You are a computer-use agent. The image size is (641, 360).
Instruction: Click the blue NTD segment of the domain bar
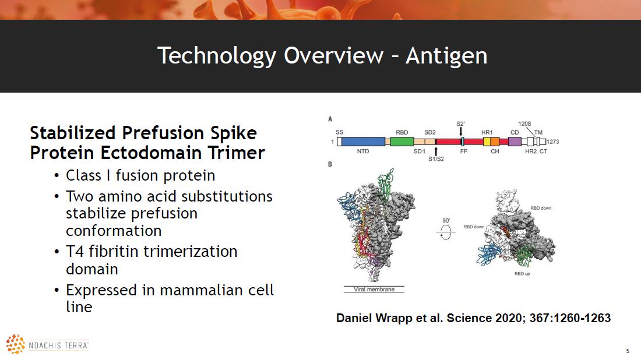tap(363, 142)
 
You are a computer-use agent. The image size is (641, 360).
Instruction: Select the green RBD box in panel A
tap(402, 142)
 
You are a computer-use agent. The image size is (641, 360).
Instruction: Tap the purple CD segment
tap(515, 142)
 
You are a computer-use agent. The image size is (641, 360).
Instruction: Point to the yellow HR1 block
tap(487, 142)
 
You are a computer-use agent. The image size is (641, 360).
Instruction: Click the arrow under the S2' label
tap(461, 131)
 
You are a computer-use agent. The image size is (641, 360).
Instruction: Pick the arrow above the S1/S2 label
tap(436, 151)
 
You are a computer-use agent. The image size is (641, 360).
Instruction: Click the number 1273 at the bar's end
tap(552, 142)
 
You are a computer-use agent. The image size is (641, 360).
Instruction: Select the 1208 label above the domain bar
tap(524, 124)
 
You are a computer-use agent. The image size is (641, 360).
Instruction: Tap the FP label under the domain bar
tap(464, 151)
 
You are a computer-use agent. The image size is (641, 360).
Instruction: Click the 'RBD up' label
tap(522, 274)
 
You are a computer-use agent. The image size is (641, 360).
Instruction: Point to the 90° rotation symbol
tap(446, 232)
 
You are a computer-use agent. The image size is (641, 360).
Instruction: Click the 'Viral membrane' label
tap(374, 290)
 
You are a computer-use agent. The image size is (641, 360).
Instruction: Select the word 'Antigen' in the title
tap(446, 56)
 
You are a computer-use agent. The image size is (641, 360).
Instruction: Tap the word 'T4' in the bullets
tap(75, 251)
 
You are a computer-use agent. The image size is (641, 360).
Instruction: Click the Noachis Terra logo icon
tap(16, 344)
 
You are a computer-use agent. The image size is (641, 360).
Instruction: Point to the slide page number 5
tap(628, 351)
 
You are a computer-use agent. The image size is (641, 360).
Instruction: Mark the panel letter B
tap(330, 164)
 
